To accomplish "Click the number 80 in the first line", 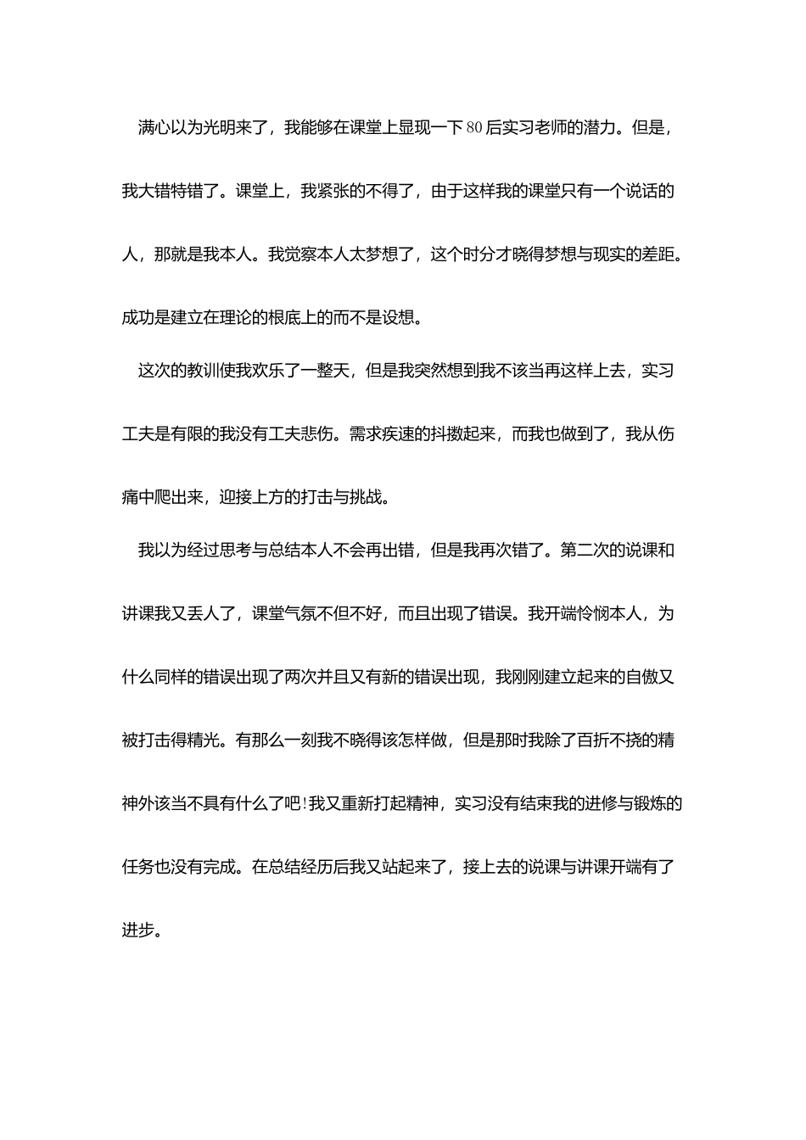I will [474, 128].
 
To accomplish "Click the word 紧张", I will [333, 192].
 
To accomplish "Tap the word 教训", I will [203, 371].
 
